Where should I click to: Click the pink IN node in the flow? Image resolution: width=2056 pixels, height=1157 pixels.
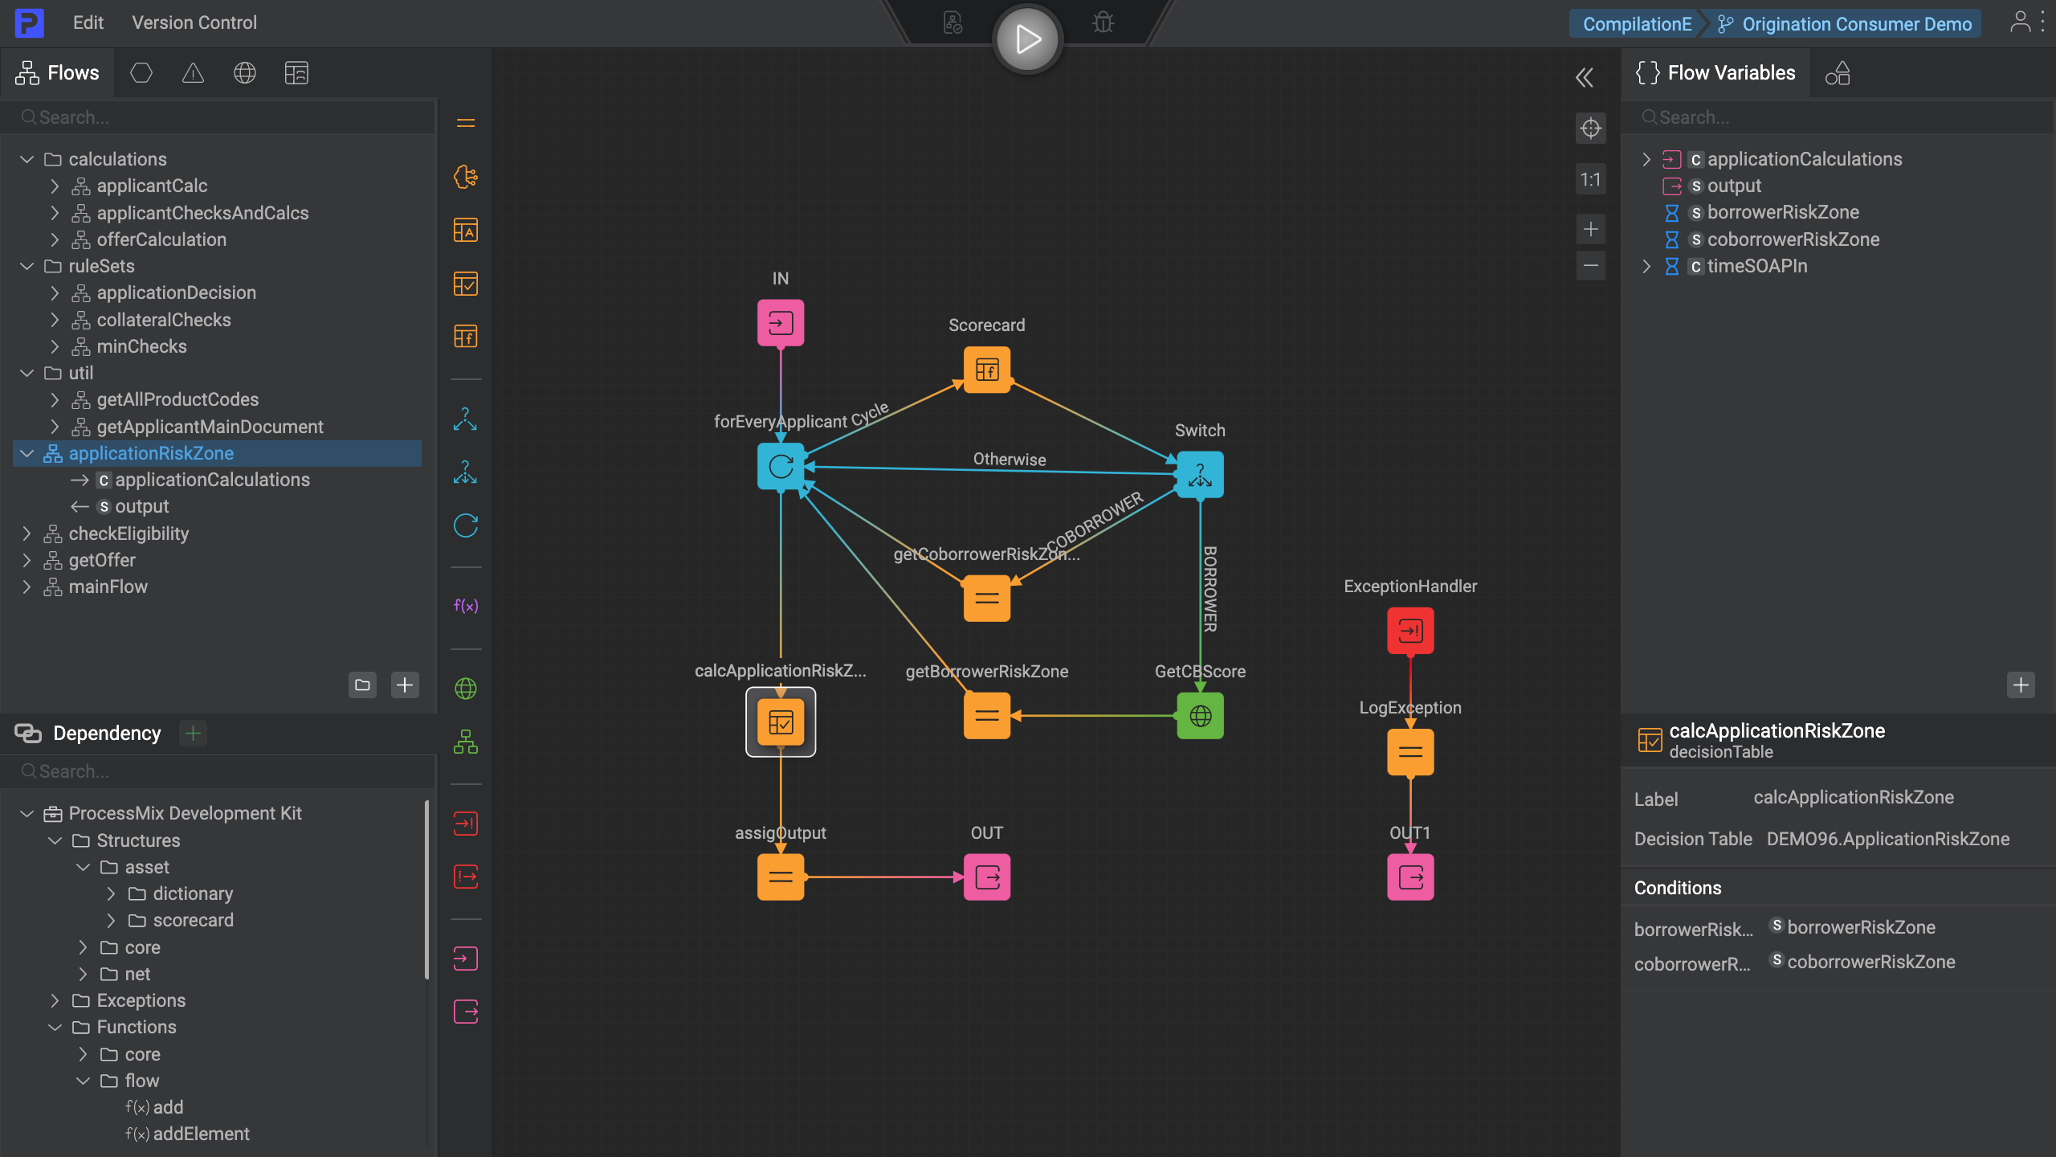[780, 323]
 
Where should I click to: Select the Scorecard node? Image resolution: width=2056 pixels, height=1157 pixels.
[986, 370]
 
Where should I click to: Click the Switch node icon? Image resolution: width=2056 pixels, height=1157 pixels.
[1200, 474]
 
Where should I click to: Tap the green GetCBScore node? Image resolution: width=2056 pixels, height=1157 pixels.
[1200, 715]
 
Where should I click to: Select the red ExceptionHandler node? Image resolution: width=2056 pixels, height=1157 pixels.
[1410, 631]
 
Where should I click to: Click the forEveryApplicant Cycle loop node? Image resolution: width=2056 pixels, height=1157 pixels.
[780, 466]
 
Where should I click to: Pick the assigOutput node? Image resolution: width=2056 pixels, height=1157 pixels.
[780, 877]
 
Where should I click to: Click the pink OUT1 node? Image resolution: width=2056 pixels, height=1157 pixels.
[1410, 877]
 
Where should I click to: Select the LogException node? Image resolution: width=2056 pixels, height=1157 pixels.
[1410, 752]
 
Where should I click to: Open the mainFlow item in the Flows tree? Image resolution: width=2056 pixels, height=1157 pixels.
[108, 587]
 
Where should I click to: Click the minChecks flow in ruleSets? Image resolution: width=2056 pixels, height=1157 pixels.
[141, 346]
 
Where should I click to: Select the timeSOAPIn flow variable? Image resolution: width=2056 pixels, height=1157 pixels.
[1756, 266]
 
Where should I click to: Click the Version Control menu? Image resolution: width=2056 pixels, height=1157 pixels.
[194, 22]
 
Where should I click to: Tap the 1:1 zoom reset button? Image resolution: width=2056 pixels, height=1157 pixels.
[1590, 180]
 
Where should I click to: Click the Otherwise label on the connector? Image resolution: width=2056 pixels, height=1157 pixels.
[1010, 459]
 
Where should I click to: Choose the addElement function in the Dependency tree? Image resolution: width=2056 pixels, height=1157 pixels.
[201, 1134]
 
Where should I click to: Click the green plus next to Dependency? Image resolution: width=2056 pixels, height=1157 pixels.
[193, 733]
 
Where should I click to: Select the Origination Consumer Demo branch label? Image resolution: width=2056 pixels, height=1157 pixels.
[1856, 24]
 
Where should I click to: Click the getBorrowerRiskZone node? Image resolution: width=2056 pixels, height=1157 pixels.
[986, 715]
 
